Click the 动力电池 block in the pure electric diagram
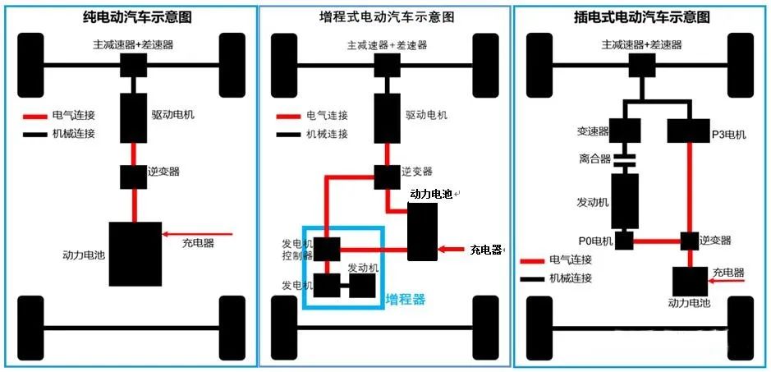[135, 254]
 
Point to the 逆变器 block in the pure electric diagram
[134, 176]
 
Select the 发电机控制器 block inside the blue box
[327, 248]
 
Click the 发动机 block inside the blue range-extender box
[361, 286]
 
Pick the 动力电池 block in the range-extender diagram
[422, 232]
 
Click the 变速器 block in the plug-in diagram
[626, 129]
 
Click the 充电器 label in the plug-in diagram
[727, 273]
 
